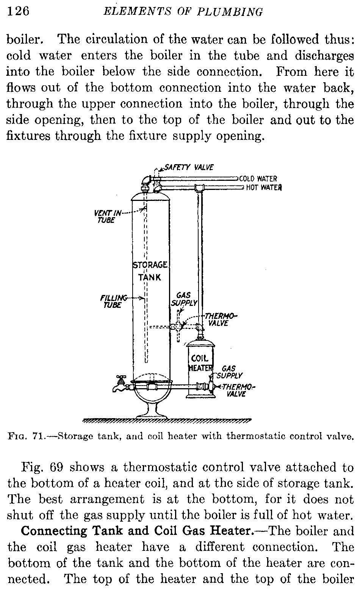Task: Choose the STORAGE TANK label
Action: pyautogui.click(x=150, y=271)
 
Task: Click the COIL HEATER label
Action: pyautogui.click(x=201, y=363)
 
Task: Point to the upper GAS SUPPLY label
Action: pyautogui.click(x=185, y=299)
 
